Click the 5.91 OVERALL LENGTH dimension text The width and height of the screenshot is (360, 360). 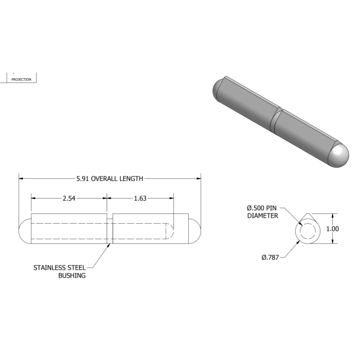pyautogui.click(x=110, y=178)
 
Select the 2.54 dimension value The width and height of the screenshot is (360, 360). pyautogui.click(x=69, y=199)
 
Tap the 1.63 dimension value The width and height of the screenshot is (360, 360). pyautogui.click(x=140, y=199)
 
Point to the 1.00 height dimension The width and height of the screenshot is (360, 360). pyautogui.click(x=332, y=229)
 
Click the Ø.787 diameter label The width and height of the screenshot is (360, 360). pyautogui.click(x=270, y=257)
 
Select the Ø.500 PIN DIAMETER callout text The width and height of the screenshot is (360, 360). pyautogui.click(x=262, y=212)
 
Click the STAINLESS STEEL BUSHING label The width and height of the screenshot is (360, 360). pyautogui.click(x=60, y=272)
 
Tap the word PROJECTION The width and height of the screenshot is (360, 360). pyautogui.click(x=22, y=79)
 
